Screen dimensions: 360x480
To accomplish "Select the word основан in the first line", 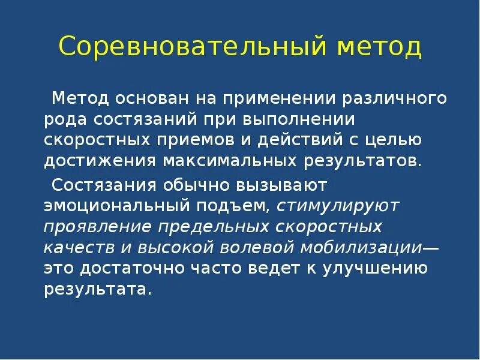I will (x=151, y=98).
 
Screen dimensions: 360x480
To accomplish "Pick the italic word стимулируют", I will (x=338, y=205).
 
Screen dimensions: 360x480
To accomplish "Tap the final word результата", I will (x=94, y=290).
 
